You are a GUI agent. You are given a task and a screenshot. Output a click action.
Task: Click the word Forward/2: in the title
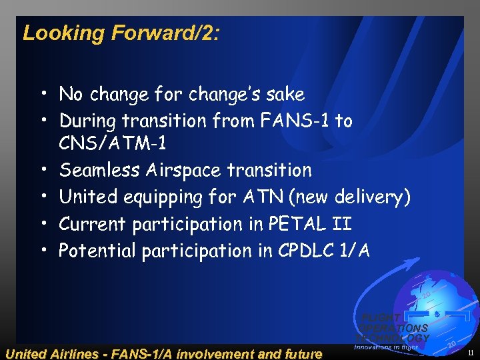click(x=164, y=33)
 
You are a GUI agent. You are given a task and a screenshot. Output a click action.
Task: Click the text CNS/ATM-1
click(x=112, y=144)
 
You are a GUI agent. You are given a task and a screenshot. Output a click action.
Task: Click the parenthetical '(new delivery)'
click(x=353, y=197)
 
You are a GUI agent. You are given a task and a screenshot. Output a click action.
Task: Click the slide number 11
click(x=471, y=353)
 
